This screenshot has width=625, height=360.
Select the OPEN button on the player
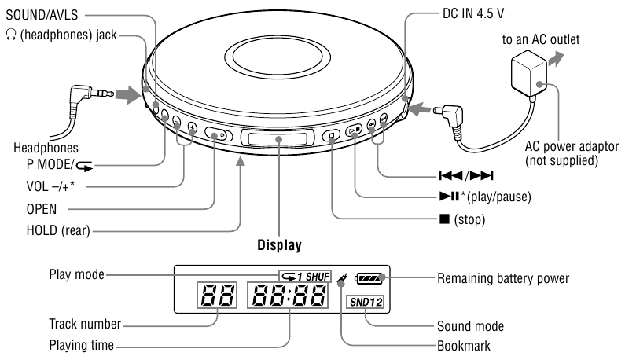pyautogui.click(x=217, y=134)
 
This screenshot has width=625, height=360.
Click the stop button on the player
pyautogui.click(x=333, y=134)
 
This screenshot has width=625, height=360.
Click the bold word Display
pyautogui.click(x=280, y=244)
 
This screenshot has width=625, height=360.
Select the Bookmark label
pyautogui.click(x=461, y=343)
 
